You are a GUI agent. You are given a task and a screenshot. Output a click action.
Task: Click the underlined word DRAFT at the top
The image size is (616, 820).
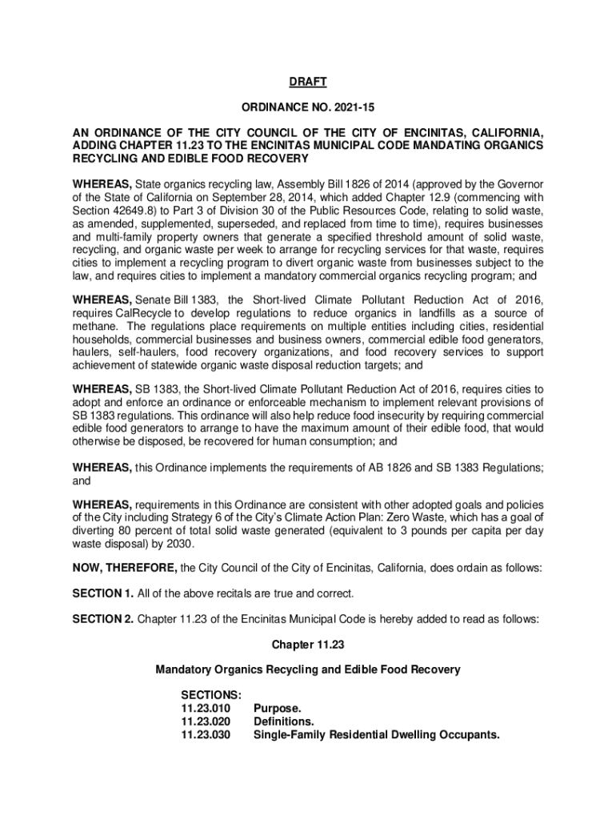tap(307, 82)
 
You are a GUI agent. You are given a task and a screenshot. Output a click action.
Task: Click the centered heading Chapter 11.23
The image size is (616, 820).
tap(307, 645)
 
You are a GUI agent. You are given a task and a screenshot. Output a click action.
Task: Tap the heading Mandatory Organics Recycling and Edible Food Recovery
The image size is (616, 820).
tap(307, 670)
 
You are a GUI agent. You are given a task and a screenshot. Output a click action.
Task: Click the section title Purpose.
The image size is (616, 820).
tap(278, 709)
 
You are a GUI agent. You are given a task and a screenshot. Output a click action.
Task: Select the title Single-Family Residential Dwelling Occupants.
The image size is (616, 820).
tap(376, 734)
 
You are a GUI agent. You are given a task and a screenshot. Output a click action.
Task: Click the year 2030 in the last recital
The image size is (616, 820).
tap(180, 544)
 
